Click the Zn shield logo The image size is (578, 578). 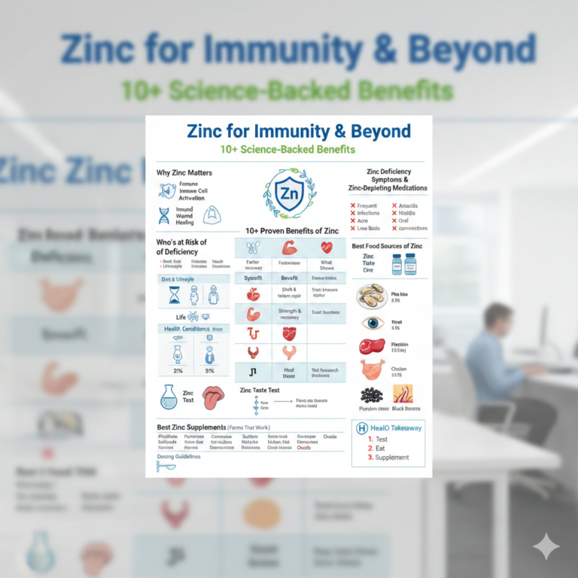tap(289, 193)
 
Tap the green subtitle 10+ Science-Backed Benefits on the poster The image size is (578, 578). tap(287, 150)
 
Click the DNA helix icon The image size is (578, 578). tap(164, 216)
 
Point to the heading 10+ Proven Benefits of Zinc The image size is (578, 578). tap(291, 230)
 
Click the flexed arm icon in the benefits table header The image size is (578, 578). tap(290, 247)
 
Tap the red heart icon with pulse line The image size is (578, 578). tap(327, 247)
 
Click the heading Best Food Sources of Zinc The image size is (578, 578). tap(387, 246)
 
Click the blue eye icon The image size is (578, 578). tap(372, 323)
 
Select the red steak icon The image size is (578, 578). tap(371, 346)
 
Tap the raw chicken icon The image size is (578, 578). tap(372, 369)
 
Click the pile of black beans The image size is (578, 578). tap(371, 395)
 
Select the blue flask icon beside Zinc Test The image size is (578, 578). tap(168, 397)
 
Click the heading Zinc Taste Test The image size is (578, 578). tap(260, 391)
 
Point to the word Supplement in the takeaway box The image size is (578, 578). tap(392, 458)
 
